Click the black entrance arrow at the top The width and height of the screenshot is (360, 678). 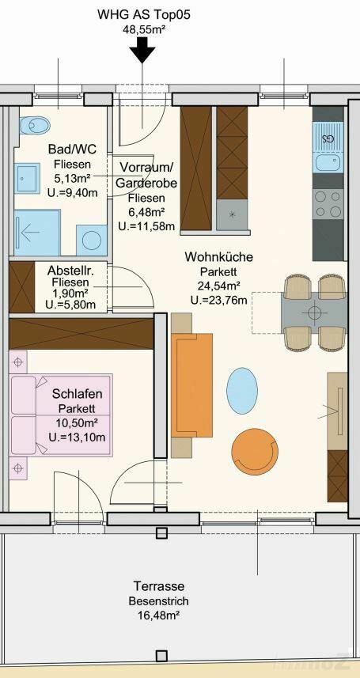(x=142, y=50)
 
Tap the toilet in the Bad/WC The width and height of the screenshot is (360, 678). (x=35, y=126)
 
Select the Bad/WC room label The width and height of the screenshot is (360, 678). (x=72, y=150)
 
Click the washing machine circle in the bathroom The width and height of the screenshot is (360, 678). (x=92, y=240)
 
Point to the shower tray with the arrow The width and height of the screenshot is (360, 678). (x=37, y=233)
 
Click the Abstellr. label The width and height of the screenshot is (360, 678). (x=71, y=271)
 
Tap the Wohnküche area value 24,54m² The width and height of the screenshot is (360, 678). (x=218, y=285)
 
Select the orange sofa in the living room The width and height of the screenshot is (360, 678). (x=192, y=385)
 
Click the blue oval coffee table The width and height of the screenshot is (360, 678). (x=242, y=391)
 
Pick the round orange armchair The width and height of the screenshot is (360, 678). (x=255, y=452)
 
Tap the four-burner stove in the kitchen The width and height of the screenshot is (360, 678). (x=328, y=204)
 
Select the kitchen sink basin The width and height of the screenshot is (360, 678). (x=328, y=163)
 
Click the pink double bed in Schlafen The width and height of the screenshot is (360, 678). (x=61, y=415)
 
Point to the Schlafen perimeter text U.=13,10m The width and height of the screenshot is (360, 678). (x=78, y=437)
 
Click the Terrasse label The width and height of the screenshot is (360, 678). (x=159, y=586)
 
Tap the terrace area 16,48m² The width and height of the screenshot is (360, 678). (x=159, y=615)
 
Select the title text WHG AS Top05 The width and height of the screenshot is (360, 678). (x=144, y=16)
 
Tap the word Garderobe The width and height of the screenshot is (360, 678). (x=146, y=184)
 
